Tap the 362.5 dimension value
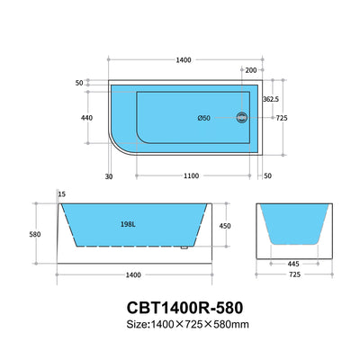270,99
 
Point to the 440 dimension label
88,117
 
